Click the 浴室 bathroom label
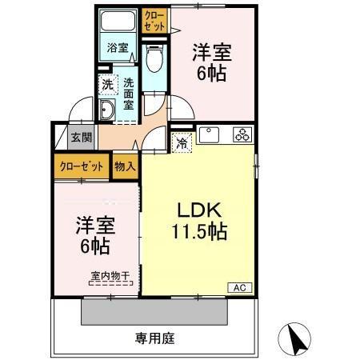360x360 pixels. [118, 47]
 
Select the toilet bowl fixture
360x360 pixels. [155, 57]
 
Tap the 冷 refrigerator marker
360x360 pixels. [182, 144]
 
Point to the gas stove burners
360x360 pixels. [242, 134]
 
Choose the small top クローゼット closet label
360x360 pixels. [154, 21]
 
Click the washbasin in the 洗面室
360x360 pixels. [106, 110]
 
